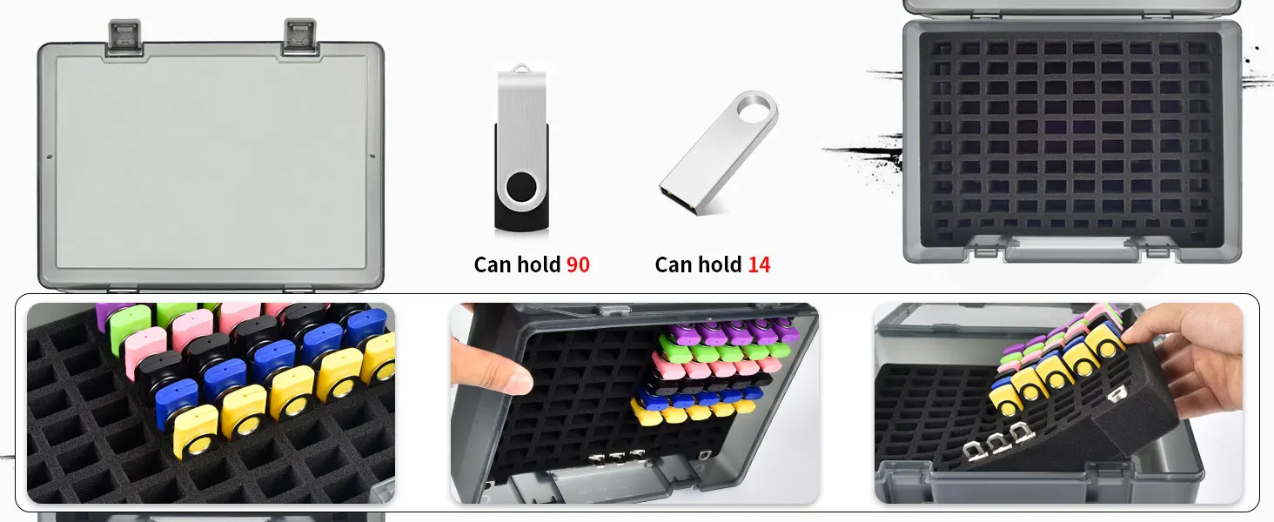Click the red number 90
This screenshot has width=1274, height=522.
tap(578, 264)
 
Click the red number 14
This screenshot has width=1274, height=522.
tap(759, 264)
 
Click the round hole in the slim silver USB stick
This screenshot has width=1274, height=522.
tap(755, 110)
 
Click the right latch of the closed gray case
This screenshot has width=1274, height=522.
tap(299, 37)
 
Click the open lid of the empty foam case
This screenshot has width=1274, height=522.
tap(1073, 7)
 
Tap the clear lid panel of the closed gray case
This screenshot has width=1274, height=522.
tap(211, 161)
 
